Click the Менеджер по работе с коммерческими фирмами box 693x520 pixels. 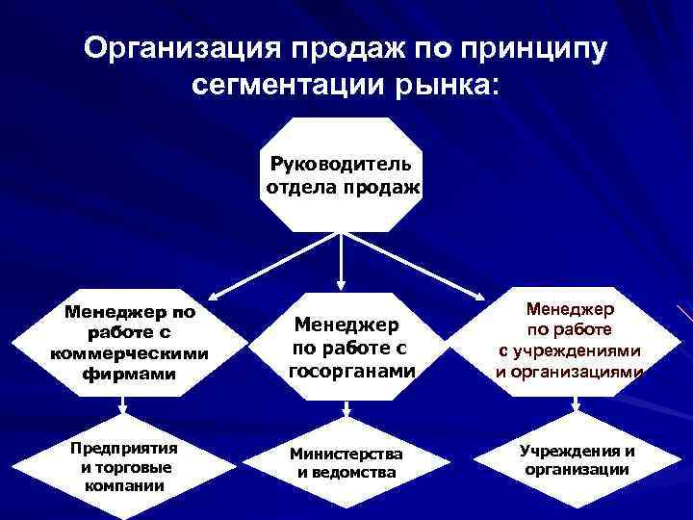128,343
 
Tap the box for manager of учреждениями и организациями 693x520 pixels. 569,340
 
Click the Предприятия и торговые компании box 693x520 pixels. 122,467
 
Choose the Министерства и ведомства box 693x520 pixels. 346,462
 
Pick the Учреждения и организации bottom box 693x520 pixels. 577,460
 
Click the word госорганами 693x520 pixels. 351,370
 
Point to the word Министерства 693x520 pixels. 347,453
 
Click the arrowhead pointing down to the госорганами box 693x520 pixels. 341,285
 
